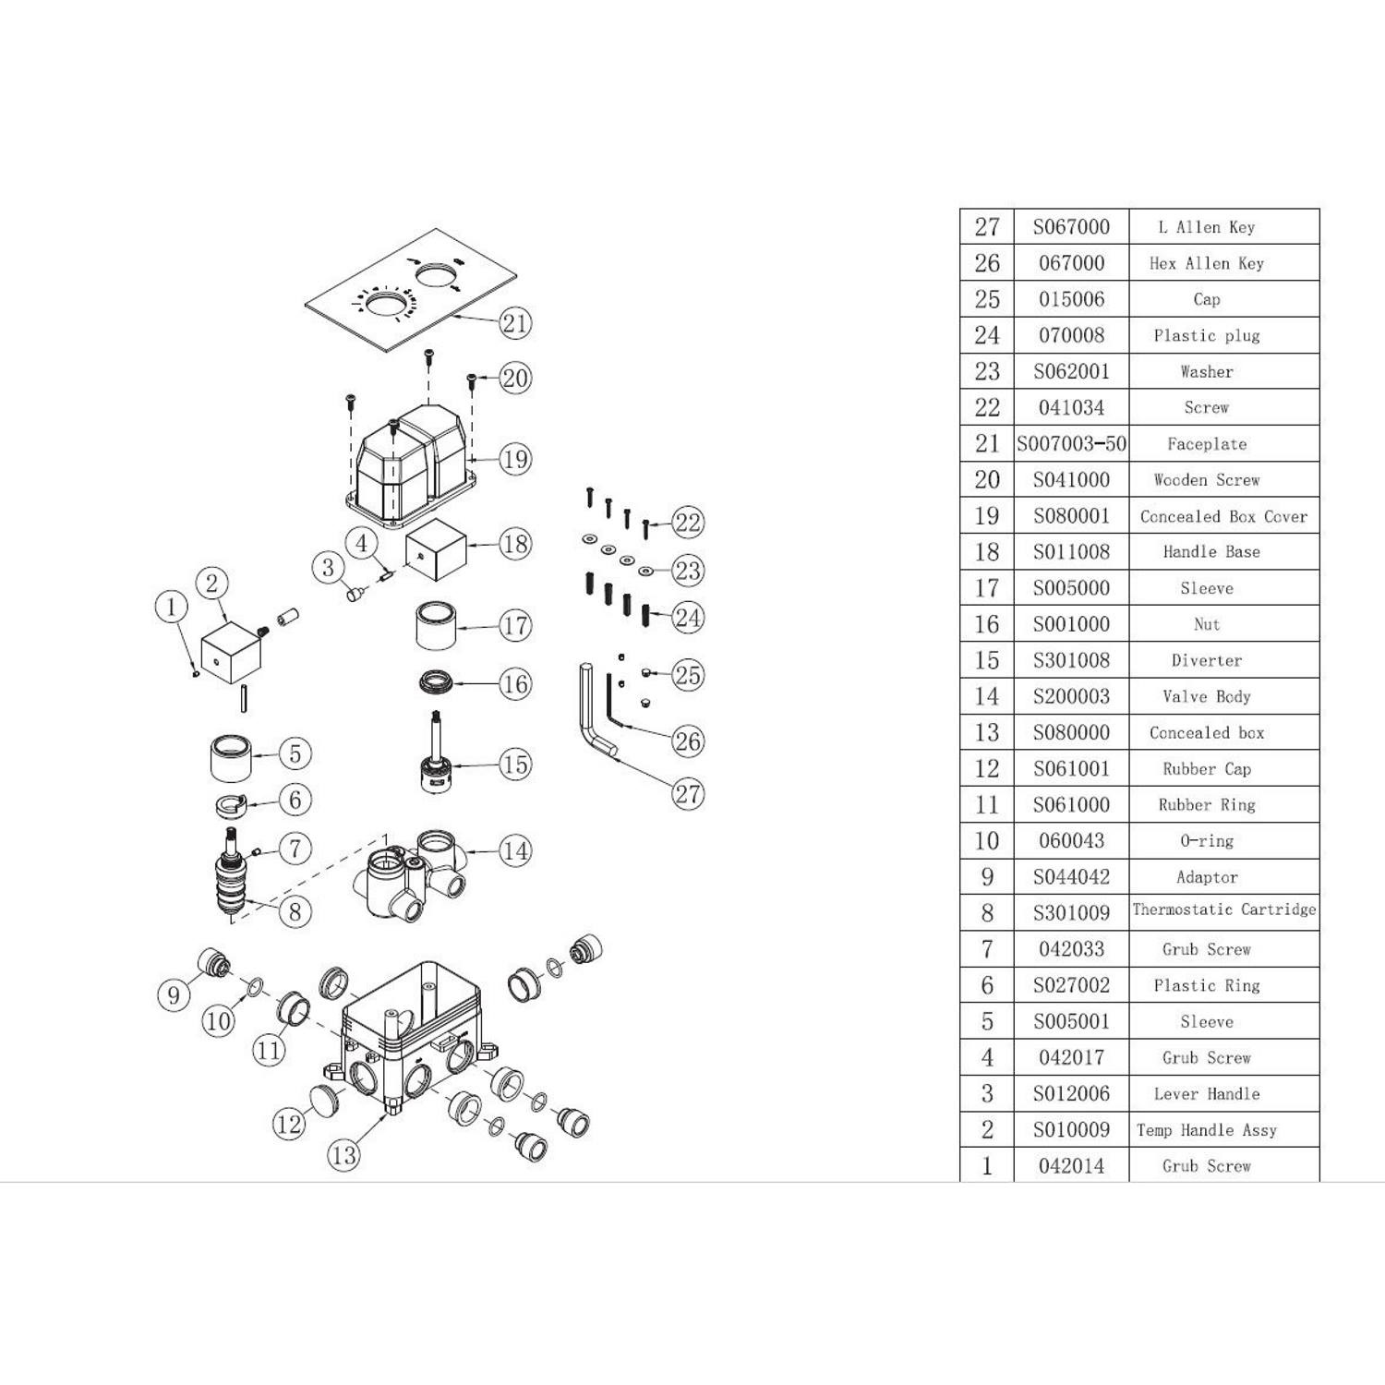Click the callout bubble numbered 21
click(515, 322)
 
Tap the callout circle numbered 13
click(343, 1154)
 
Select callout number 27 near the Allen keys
click(688, 793)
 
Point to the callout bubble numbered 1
click(171, 607)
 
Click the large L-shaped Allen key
click(596, 711)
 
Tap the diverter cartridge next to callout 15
click(436, 752)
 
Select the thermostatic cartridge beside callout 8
click(234, 873)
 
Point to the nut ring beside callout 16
click(436, 683)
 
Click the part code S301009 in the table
click(1071, 913)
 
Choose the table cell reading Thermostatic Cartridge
click(1224, 909)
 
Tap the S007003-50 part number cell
click(1071, 444)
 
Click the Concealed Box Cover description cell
click(1224, 516)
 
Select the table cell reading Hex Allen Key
click(1207, 263)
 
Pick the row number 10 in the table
click(987, 841)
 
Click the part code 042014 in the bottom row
click(1071, 1166)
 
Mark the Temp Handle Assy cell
click(1207, 1130)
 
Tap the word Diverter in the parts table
click(1207, 660)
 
